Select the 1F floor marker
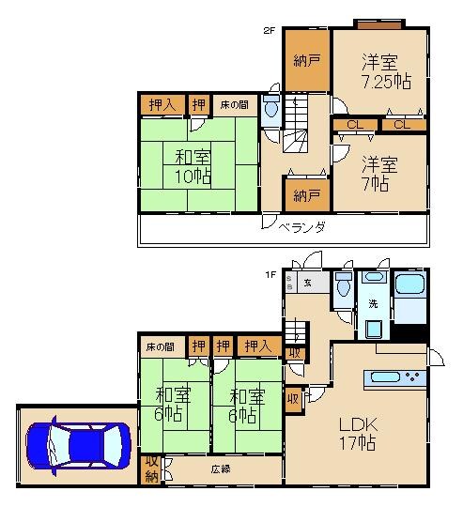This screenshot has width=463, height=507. [269, 274]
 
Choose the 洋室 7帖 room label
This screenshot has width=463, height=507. [380, 173]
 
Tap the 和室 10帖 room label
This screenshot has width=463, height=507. [192, 163]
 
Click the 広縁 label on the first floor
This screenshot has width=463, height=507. [220, 468]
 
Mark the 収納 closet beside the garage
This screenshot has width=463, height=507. [152, 469]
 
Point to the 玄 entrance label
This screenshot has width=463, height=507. [307, 282]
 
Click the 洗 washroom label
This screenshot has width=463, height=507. [372, 304]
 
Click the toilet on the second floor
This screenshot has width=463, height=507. [271, 109]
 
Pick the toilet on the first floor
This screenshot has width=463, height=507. [342, 284]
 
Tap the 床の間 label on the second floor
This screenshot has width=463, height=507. [234, 104]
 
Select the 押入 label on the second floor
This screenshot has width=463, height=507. [162, 104]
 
